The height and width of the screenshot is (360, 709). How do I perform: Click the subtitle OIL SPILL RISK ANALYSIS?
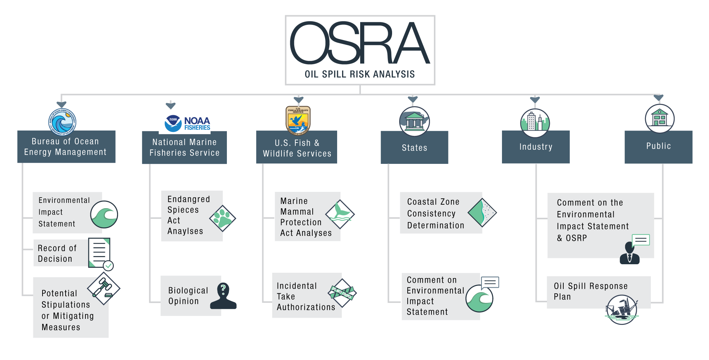click(359, 74)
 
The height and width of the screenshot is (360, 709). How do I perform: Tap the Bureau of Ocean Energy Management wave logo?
click(62, 122)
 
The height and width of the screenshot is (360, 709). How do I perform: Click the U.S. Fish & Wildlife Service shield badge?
click(298, 121)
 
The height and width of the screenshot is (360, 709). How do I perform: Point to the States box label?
click(414, 148)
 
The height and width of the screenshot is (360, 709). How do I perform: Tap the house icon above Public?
click(659, 118)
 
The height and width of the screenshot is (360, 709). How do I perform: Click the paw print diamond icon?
click(223, 218)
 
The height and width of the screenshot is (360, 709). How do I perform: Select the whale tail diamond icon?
click(340, 214)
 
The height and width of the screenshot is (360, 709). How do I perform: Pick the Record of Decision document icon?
click(100, 253)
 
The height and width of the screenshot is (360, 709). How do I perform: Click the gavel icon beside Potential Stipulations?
click(104, 288)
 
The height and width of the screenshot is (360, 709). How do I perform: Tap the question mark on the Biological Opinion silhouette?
click(223, 288)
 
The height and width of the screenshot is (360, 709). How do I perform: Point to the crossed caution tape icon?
click(342, 293)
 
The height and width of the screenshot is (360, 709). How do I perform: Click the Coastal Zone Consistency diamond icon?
click(482, 212)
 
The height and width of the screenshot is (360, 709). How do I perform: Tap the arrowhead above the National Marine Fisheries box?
click(171, 106)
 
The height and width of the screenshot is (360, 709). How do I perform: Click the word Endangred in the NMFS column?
click(189, 199)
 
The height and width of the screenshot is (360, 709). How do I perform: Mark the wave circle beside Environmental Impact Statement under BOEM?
click(104, 214)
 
